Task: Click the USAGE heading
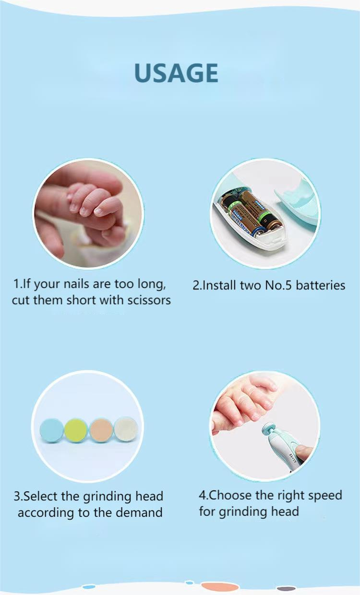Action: tap(176, 73)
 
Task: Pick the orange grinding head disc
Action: tap(101, 429)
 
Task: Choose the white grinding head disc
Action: tap(126, 428)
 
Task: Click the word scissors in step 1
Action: tap(147, 301)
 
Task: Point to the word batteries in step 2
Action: tap(320, 286)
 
